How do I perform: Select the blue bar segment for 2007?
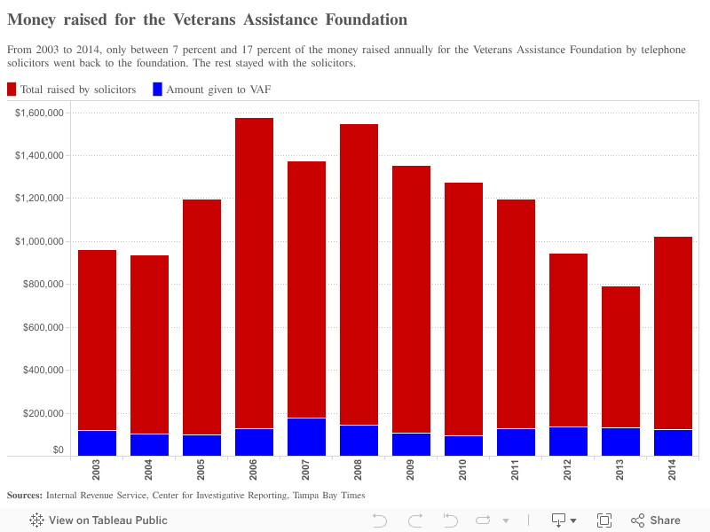point(306,437)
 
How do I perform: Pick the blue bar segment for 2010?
point(463,446)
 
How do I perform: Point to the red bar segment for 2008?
point(359,275)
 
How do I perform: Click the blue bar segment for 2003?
point(97,443)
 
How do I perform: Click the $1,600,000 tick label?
point(40,113)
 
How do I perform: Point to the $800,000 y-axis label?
point(43,285)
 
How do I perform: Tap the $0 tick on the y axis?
point(58,450)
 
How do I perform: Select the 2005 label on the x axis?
point(201,469)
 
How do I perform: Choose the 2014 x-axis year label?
point(673,469)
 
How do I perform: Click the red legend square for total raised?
point(12,89)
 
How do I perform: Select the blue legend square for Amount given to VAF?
point(158,89)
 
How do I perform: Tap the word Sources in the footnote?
point(23,495)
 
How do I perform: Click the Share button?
point(656,520)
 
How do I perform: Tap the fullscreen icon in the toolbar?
point(604,520)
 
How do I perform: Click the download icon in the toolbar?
point(559,520)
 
